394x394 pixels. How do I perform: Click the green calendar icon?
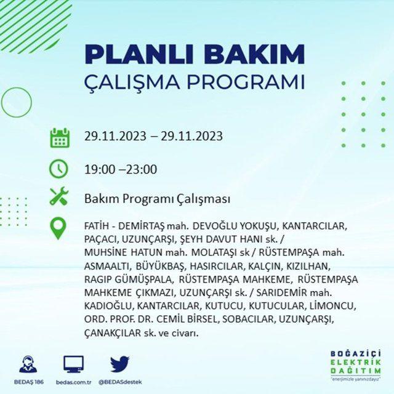(60, 138)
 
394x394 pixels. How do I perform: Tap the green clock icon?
(59, 169)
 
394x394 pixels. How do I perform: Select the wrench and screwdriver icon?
(59, 196)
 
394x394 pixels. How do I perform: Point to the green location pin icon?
(58, 228)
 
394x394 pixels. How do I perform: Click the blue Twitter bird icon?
(120, 364)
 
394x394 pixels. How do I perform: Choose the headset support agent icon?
(28, 364)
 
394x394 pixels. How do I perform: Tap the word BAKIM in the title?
(254, 55)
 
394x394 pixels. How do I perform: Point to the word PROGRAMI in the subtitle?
(246, 82)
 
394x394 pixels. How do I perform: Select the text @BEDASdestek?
(120, 382)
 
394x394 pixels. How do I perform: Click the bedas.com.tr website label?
(73, 382)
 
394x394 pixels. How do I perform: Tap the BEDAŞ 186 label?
(29, 382)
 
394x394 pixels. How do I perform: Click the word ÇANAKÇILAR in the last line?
(113, 333)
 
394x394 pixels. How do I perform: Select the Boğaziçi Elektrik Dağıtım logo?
(356, 365)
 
